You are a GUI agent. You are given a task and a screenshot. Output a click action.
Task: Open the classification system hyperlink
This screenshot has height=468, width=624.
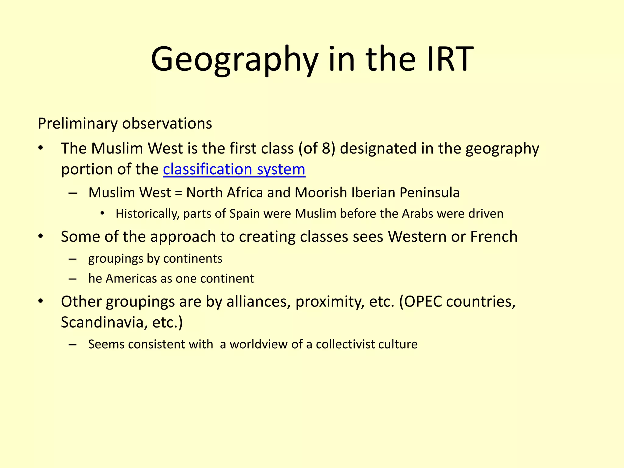coord(234,169)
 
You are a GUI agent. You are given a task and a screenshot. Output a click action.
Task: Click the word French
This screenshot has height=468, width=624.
coord(494,237)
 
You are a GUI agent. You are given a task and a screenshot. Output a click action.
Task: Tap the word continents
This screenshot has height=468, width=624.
coord(193,259)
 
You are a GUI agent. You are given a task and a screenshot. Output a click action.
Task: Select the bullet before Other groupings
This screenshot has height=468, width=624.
coord(41,301)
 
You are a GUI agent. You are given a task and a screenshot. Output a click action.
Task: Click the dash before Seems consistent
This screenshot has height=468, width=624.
coord(73,345)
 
